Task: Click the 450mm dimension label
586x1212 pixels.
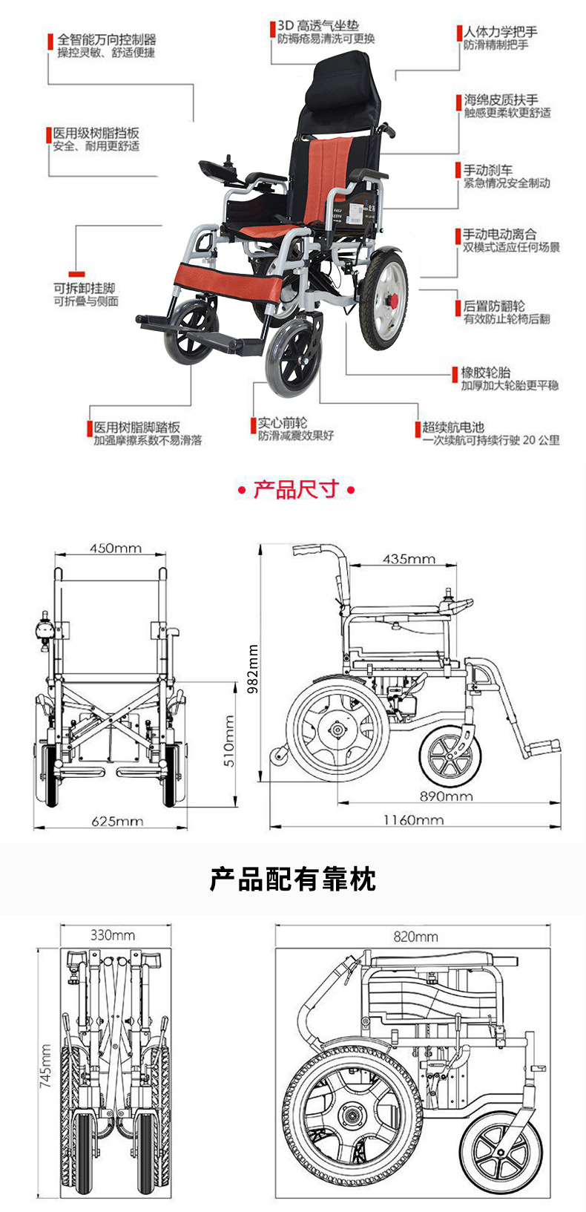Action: pyautogui.click(x=115, y=548)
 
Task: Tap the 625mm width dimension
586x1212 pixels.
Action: pyautogui.click(x=117, y=821)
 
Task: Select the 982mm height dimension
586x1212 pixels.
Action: pyautogui.click(x=252, y=668)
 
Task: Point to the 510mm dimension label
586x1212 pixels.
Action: pyautogui.click(x=228, y=741)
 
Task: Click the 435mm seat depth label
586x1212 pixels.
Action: pyautogui.click(x=409, y=558)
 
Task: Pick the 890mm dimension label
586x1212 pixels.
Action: pyautogui.click(x=446, y=796)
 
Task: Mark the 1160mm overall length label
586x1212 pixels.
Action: pyautogui.click(x=413, y=819)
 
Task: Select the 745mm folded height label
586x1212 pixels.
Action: pyautogui.click(x=46, y=1067)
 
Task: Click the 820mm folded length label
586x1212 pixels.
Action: pyautogui.click(x=415, y=937)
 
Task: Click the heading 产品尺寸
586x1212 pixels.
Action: pyautogui.click(x=295, y=490)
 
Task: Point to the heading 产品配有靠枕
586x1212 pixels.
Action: pyautogui.click(x=292, y=879)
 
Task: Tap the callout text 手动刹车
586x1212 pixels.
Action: pyautogui.click(x=487, y=170)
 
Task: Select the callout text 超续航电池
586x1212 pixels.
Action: pyautogui.click(x=452, y=427)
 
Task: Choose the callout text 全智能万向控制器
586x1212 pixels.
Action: pyautogui.click(x=106, y=39)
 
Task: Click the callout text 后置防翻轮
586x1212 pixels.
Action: pyautogui.click(x=493, y=306)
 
